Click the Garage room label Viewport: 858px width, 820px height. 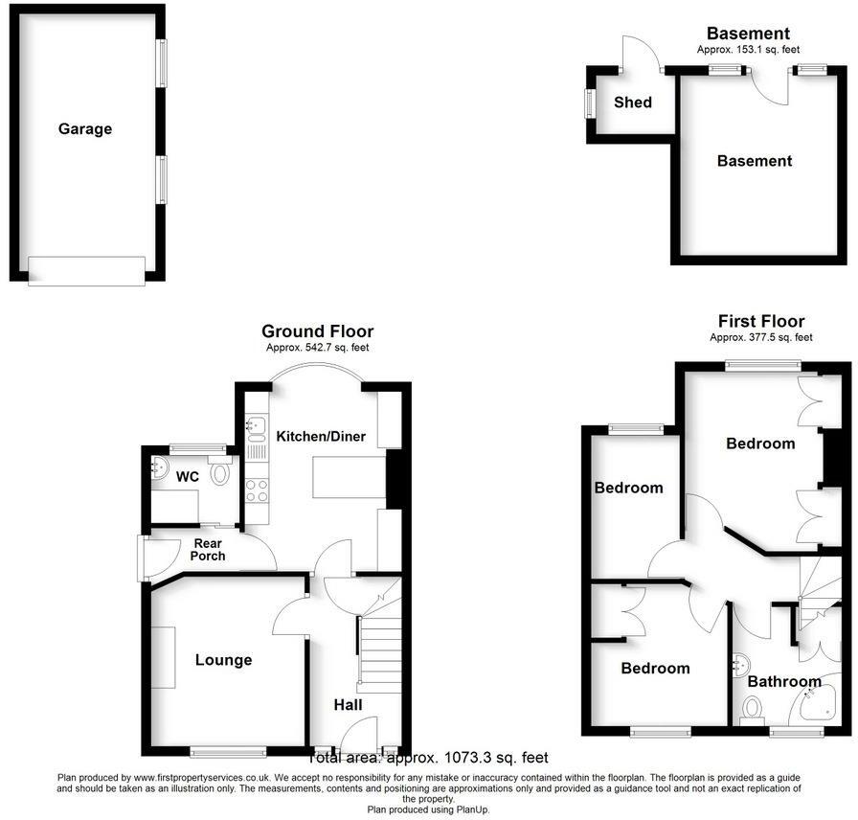pos(85,129)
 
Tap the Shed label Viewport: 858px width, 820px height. pos(633,102)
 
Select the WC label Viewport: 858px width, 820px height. pos(188,476)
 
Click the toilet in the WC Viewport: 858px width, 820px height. pos(221,471)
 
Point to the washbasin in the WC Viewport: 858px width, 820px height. pos(159,467)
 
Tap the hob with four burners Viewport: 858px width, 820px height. pos(257,490)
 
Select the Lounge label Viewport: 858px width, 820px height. pos(223,660)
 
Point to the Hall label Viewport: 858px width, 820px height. pos(348,705)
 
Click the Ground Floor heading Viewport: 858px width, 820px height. pos(317,332)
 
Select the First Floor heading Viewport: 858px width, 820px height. pos(761,322)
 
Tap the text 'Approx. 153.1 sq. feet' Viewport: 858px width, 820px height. pos(748,50)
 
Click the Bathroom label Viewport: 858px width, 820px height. pos(784,682)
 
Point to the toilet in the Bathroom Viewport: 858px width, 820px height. pos(752,710)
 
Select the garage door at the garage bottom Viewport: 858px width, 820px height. pos(86,271)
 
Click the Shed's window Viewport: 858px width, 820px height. pos(589,102)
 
